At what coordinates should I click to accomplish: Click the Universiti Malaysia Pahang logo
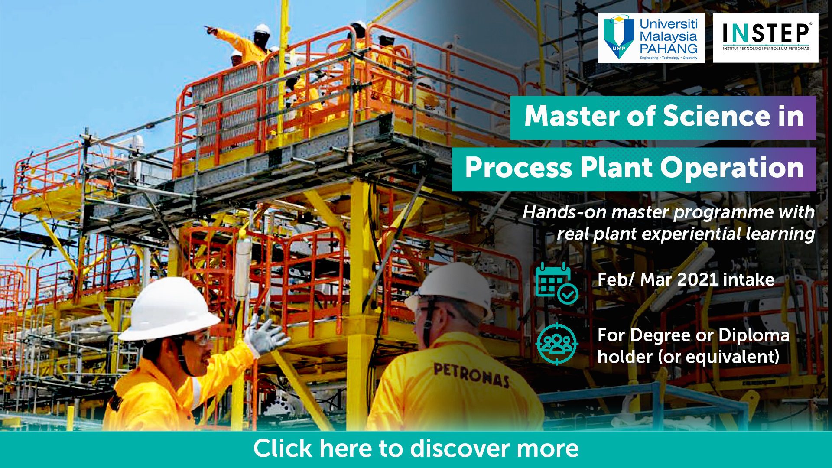point(651,38)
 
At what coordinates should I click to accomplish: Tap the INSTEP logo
point(766,38)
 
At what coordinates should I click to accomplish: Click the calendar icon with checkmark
point(556,283)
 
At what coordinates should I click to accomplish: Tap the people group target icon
point(557,344)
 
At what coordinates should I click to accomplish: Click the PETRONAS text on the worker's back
point(471,374)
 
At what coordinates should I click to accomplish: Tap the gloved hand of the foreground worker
point(265,336)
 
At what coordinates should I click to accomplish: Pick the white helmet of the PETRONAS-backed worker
point(453,288)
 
